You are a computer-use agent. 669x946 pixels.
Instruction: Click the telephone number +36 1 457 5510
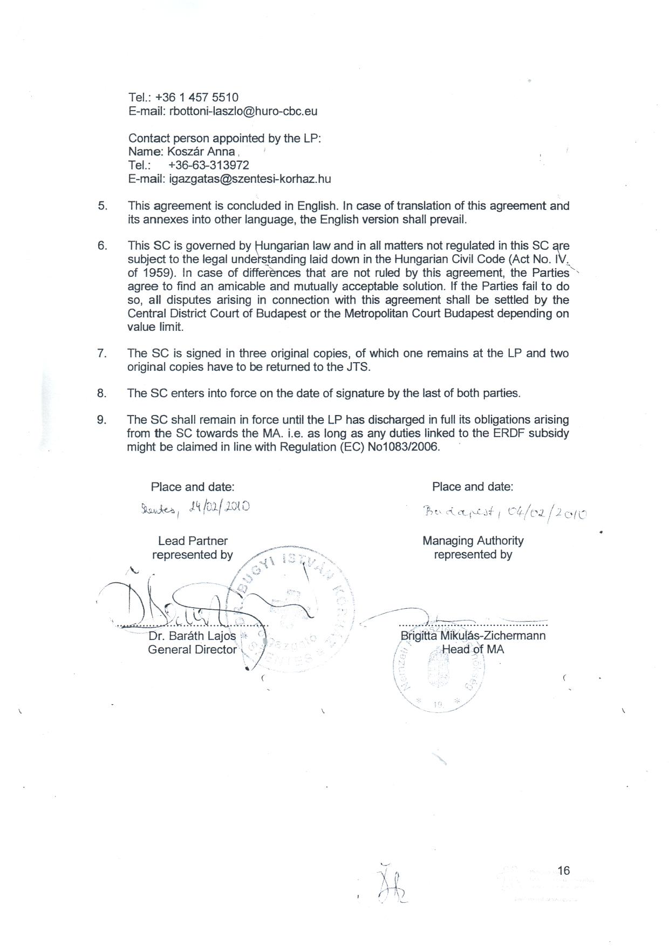(196, 98)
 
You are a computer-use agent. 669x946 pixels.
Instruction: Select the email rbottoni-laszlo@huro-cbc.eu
(243, 112)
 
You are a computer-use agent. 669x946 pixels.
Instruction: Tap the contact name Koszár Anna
(201, 152)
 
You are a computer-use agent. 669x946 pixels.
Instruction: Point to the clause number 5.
(103, 206)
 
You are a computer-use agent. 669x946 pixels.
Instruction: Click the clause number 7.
(102, 353)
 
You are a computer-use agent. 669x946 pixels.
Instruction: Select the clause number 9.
(102, 420)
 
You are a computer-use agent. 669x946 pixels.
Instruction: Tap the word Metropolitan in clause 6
(377, 314)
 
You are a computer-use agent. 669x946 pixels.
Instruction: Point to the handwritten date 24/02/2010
(219, 507)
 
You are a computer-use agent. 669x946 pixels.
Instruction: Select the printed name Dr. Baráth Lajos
(192, 636)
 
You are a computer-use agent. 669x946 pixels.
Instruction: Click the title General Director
(192, 650)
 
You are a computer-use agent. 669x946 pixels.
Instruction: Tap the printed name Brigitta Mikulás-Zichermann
(473, 636)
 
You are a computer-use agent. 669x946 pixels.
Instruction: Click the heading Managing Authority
(473, 541)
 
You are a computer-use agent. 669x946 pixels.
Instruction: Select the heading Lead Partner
(193, 541)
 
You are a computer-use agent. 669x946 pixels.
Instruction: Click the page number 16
(564, 870)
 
